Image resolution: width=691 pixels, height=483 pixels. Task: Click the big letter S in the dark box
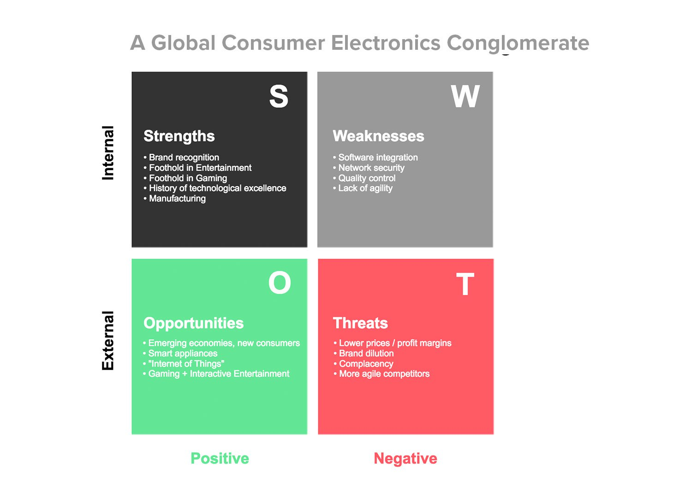tap(279, 96)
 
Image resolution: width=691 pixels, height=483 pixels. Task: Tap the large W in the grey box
tap(465, 96)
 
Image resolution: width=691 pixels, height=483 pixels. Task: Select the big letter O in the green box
tap(280, 283)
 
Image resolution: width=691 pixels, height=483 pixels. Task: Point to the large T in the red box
tap(465, 283)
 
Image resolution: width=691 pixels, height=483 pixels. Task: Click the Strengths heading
tap(179, 136)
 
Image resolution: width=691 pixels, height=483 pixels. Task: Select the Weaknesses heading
tap(378, 136)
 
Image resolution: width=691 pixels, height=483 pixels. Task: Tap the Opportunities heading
tap(193, 324)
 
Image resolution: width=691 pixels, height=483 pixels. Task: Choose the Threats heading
tap(360, 323)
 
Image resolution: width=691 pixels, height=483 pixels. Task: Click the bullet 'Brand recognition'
tap(181, 158)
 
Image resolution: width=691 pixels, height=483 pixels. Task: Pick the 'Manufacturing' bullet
tap(175, 199)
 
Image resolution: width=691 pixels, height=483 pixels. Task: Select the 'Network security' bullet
tap(369, 168)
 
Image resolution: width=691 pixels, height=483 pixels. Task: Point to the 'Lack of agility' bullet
tap(363, 188)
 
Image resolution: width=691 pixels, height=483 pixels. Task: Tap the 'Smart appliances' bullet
tap(180, 353)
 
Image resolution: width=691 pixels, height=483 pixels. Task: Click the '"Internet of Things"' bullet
tap(184, 364)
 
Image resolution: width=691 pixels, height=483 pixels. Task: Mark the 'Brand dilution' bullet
tap(363, 353)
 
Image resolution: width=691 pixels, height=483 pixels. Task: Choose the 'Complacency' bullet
tap(363, 364)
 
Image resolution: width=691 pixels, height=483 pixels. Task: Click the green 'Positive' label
tap(220, 458)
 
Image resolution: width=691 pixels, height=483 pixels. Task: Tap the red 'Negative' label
tap(405, 458)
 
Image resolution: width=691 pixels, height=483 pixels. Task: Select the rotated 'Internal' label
tap(108, 153)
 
